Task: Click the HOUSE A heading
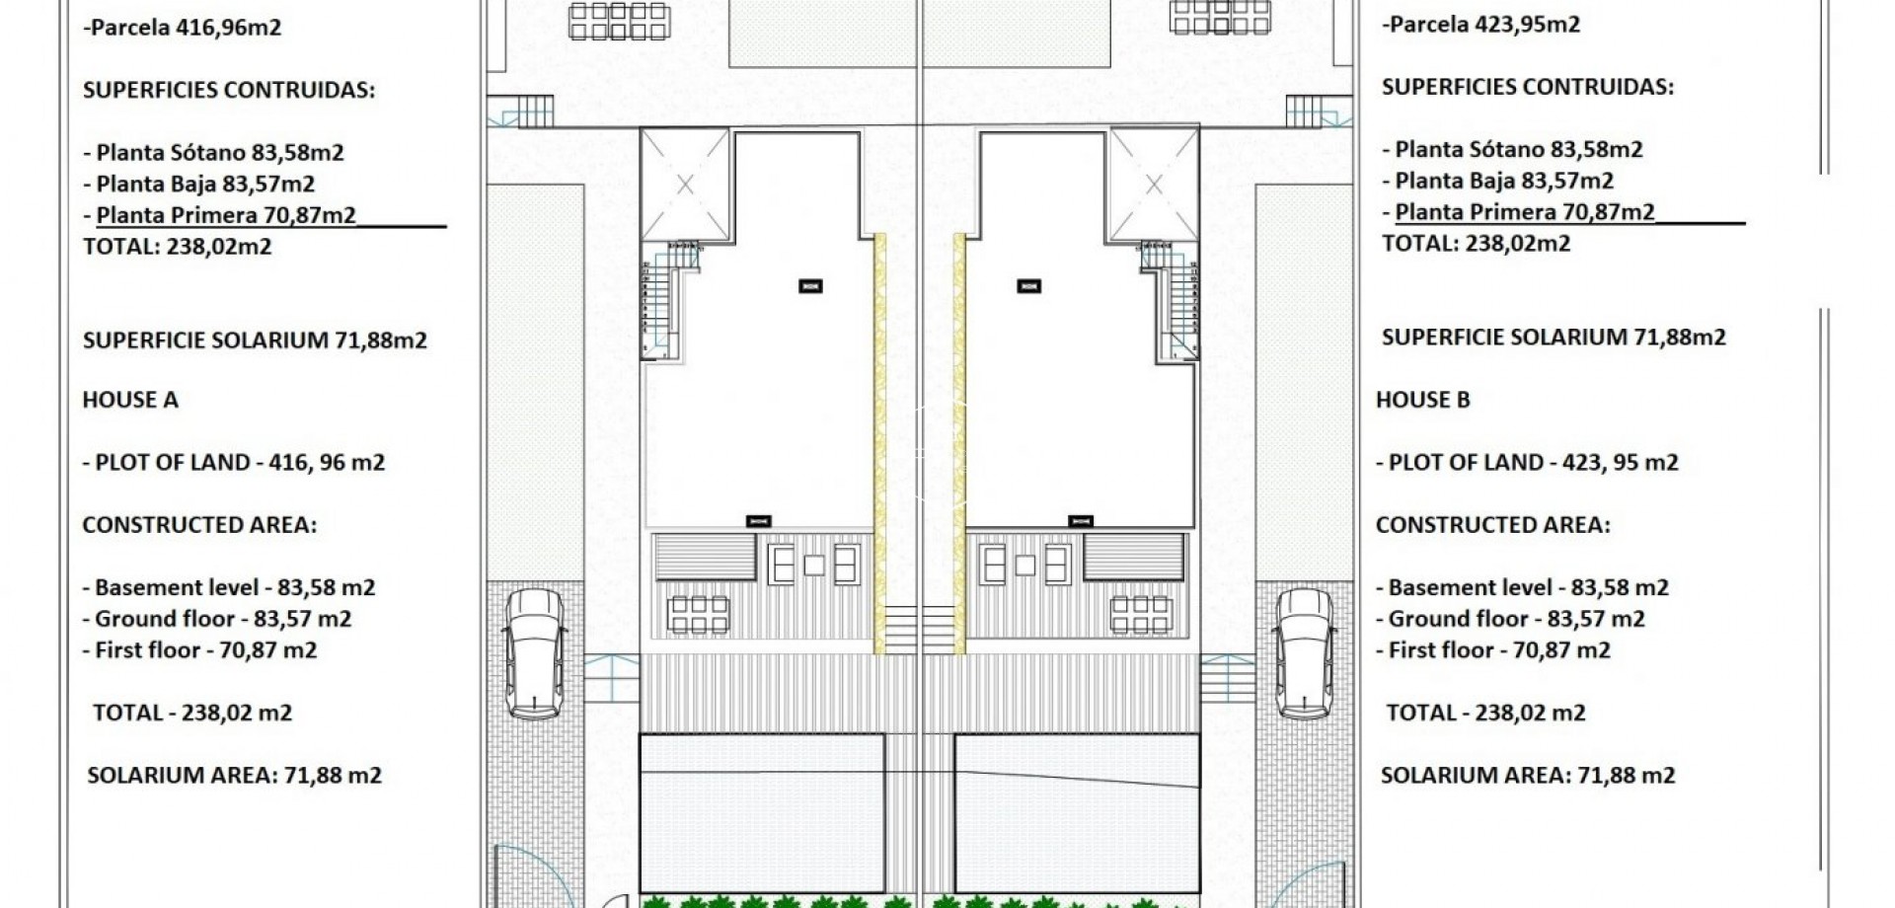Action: pos(130,400)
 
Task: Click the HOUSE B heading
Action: pos(1422,400)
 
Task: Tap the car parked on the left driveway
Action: pos(533,653)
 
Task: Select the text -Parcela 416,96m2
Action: pos(183,27)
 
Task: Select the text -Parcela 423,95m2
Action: pos(1480,24)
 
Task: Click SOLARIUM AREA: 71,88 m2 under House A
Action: pos(234,775)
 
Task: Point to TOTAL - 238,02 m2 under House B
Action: pos(1485,713)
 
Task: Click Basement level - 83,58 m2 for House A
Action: pos(228,587)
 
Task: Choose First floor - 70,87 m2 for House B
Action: pos(1492,650)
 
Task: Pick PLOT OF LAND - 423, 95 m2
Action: pos(1527,462)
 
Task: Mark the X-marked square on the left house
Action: pos(685,185)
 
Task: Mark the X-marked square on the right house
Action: pos(1154,185)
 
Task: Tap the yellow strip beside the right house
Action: pos(958,444)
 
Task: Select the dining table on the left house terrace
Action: pos(699,614)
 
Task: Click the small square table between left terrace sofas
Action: pos(814,566)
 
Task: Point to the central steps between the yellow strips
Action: pos(919,629)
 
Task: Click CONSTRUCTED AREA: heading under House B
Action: pos(1492,525)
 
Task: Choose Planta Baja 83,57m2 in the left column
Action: pos(205,184)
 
